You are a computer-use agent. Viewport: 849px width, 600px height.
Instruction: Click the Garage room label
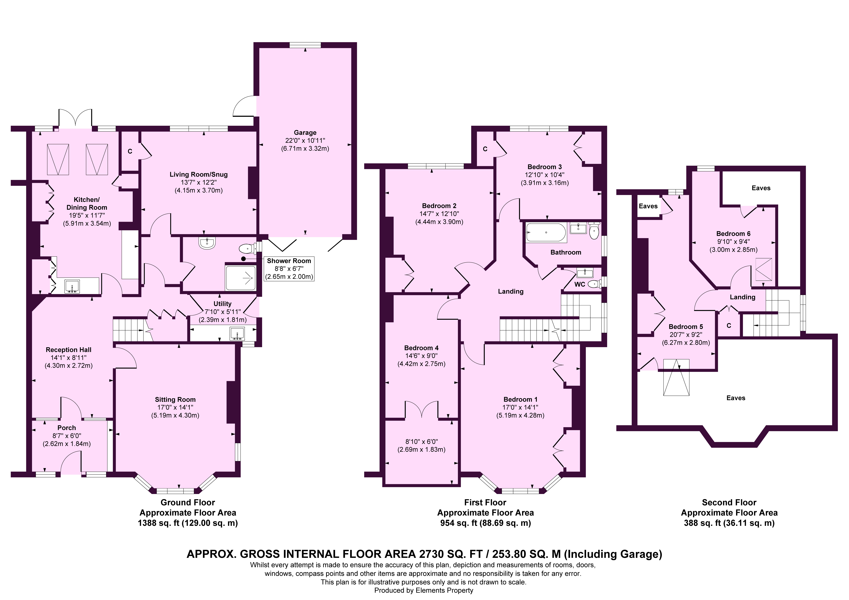click(305, 132)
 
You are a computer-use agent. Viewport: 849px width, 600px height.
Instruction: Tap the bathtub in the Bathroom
click(546, 232)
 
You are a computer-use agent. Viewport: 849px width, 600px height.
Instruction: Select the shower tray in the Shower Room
click(240, 277)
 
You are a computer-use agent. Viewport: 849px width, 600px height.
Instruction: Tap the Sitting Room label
click(175, 399)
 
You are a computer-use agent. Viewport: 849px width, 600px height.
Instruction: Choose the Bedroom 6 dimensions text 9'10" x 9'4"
click(733, 242)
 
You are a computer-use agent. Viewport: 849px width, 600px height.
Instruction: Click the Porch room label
click(67, 428)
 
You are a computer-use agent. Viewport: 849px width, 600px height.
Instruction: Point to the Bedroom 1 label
click(520, 399)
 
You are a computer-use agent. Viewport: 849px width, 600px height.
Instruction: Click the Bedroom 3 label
click(545, 167)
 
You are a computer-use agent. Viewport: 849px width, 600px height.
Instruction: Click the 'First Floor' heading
click(485, 502)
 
